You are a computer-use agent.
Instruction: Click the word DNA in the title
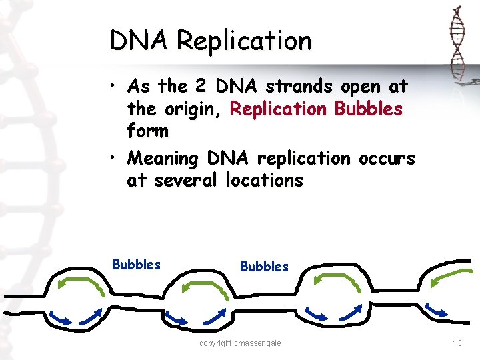(139, 41)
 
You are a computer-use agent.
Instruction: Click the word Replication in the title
(243, 41)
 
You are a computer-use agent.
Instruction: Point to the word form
(147, 131)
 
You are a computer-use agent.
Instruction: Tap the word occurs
(386, 159)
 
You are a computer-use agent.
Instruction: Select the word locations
(263, 181)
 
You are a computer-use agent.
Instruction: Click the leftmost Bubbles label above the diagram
(136, 264)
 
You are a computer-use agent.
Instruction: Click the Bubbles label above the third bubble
(264, 267)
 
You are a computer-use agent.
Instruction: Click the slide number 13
(457, 343)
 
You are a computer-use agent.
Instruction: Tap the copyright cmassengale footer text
(240, 343)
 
